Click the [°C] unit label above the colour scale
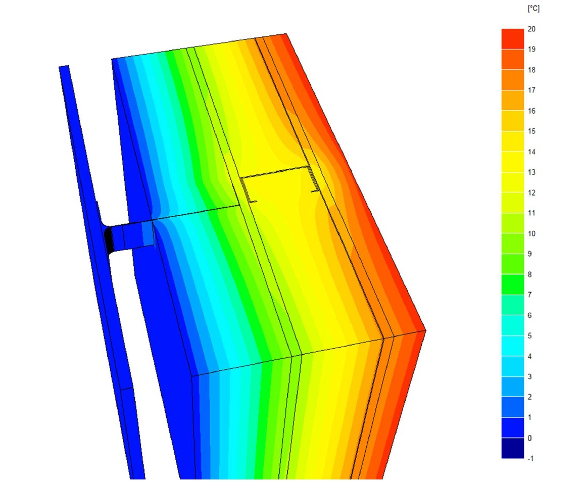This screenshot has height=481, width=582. [533, 9]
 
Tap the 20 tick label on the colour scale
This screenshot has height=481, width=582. [531, 29]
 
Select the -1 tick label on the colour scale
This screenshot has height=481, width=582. [531, 459]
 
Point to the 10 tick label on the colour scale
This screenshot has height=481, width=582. [531, 233]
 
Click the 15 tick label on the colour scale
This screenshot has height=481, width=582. [531, 131]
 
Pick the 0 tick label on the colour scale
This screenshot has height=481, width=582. [529, 438]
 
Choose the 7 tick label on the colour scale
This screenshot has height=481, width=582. [529, 295]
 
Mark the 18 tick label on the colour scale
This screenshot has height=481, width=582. [531, 70]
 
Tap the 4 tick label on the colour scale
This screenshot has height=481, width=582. [529, 356]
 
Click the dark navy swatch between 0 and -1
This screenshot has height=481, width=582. [513, 448]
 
